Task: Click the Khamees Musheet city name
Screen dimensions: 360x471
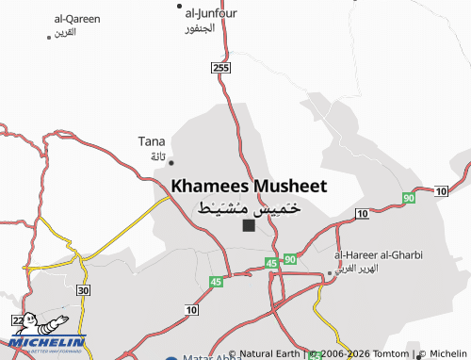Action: point(250,186)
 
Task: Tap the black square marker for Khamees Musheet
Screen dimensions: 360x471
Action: point(248,225)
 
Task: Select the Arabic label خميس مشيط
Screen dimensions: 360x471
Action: point(249,206)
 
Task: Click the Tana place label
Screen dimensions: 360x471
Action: point(152,141)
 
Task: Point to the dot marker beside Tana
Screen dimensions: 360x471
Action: point(171,162)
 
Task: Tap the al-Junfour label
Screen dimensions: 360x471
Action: point(211,12)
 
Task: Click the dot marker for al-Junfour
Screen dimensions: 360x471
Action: point(180,6)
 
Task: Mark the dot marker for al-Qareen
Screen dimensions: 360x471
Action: point(49,37)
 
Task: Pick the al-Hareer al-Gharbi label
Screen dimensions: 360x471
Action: point(379,254)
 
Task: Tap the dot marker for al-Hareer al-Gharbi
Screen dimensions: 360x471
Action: point(329,273)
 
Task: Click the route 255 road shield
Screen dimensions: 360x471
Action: point(220,68)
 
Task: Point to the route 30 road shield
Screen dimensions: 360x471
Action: point(84,291)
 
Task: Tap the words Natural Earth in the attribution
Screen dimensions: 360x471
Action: point(270,353)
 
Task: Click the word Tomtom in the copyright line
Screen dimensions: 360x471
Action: point(392,353)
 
